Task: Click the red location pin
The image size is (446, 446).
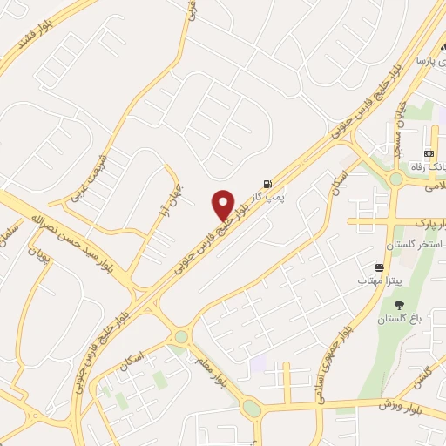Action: [223, 204]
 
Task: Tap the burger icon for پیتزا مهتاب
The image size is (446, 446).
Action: [379, 268]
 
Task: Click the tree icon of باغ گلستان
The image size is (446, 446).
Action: [400, 305]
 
